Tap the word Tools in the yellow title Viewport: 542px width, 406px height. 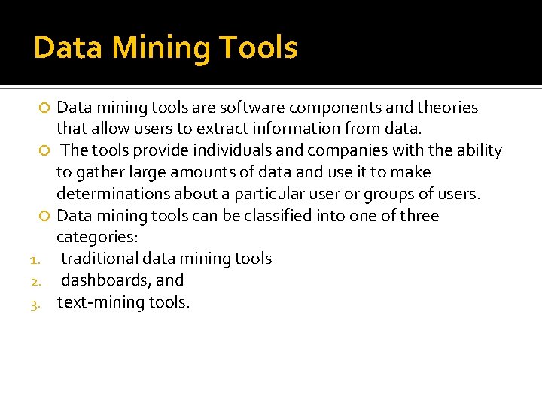pos(257,48)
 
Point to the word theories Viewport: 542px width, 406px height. pos(449,108)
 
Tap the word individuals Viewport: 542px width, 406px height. pos(220,150)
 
